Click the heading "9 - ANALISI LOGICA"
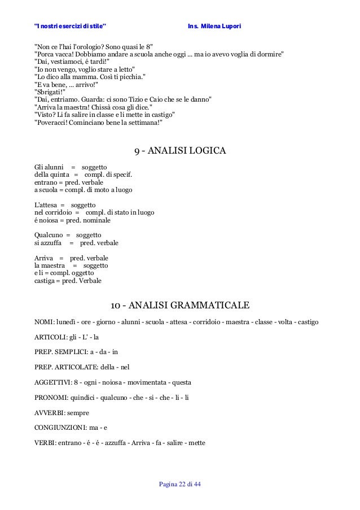[180, 151]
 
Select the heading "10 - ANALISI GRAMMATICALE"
[180, 306]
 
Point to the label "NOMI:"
[44, 322]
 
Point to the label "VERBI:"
[45, 443]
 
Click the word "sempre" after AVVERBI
[78, 413]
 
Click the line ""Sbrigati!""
[50, 90]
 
